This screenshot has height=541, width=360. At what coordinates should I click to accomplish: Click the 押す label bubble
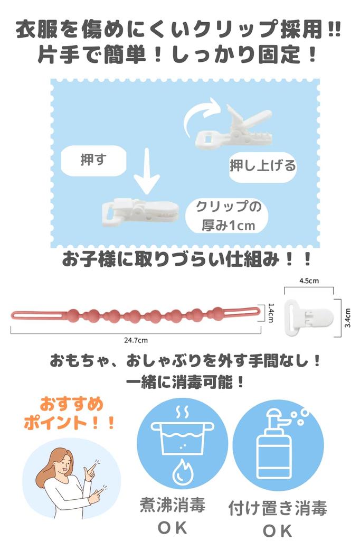coord(93,161)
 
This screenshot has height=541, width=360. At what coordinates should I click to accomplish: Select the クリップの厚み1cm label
coord(228,216)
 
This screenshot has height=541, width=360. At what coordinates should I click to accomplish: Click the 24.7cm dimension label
coord(136,340)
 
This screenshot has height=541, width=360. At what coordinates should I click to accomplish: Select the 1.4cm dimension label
coord(271,313)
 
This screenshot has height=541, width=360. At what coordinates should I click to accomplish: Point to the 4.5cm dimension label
coord(309,281)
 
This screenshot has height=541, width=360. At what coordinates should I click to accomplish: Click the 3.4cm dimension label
coord(348,318)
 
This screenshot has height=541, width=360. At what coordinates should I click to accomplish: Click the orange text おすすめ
coord(72,404)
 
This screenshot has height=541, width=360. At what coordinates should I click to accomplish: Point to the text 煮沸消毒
coord(173,505)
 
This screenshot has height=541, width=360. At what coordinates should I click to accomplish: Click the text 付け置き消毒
coord(278,508)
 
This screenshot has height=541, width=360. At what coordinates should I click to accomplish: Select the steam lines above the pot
coord(182,412)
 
